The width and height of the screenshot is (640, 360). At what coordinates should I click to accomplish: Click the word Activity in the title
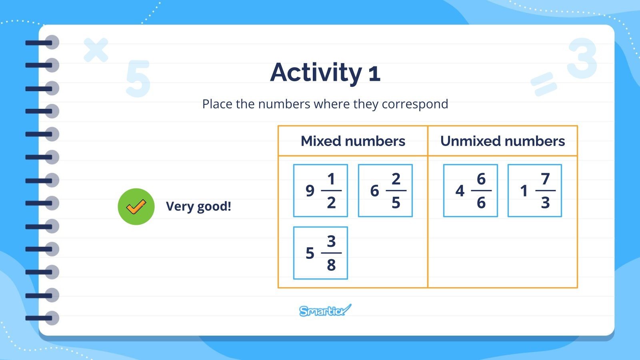pyautogui.click(x=316, y=72)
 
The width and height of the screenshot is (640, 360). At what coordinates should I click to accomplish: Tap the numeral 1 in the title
pyautogui.click(x=374, y=74)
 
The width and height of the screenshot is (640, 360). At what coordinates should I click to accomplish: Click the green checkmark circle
pyautogui.click(x=136, y=206)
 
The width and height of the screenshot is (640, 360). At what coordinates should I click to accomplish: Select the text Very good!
pyautogui.click(x=198, y=206)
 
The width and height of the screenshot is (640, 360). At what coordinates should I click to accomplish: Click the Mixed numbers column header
pyautogui.click(x=353, y=141)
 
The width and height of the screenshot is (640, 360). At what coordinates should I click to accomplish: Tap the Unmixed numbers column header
pyautogui.click(x=502, y=141)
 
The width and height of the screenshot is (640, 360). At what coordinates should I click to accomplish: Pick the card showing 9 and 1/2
pyautogui.click(x=320, y=191)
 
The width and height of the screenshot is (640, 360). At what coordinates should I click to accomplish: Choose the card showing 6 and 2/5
pyautogui.click(x=385, y=191)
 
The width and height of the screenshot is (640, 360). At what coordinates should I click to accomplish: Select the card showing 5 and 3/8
pyautogui.click(x=320, y=253)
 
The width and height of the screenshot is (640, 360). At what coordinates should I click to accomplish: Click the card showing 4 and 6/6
pyautogui.click(x=470, y=191)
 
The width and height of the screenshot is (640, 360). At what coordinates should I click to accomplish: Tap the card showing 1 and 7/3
pyautogui.click(x=535, y=191)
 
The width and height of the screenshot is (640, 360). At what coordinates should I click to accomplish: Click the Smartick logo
pyautogui.click(x=325, y=310)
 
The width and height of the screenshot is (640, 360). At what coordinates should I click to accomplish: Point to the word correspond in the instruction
pyautogui.click(x=415, y=104)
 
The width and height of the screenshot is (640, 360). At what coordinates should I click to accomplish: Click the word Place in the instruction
pyautogui.click(x=217, y=104)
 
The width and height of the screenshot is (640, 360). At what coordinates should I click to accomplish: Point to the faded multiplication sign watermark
pyautogui.click(x=96, y=50)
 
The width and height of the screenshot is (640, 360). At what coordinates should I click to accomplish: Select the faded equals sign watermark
pyautogui.click(x=544, y=84)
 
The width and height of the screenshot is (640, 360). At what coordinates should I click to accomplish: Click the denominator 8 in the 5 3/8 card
pyautogui.click(x=331, y=265)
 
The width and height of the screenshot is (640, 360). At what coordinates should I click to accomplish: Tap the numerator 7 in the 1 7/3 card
pyautogui.click(x=545, y=179)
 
